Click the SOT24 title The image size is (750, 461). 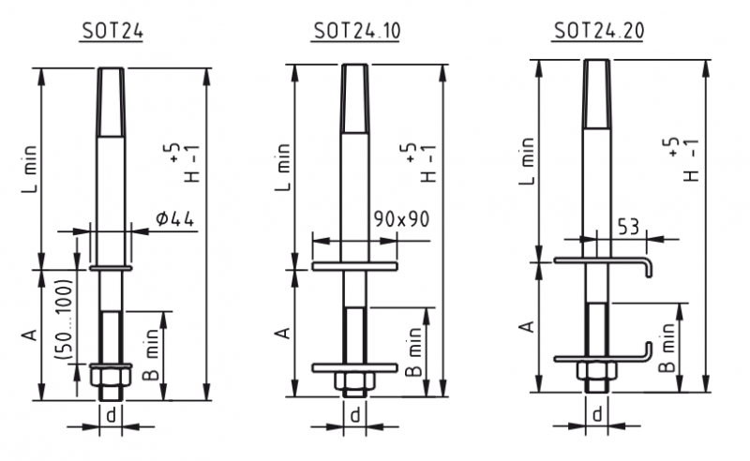pos(112,31)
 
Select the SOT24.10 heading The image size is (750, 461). pos(356,31)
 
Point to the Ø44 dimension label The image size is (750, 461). pos(175,218)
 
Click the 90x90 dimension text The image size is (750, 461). pos(402,219)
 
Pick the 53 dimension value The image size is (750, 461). pos(628,226)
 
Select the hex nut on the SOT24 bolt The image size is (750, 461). pos(111,377)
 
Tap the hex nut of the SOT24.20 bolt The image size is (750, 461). pos(597,371)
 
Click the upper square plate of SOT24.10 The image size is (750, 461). pos(354,266)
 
